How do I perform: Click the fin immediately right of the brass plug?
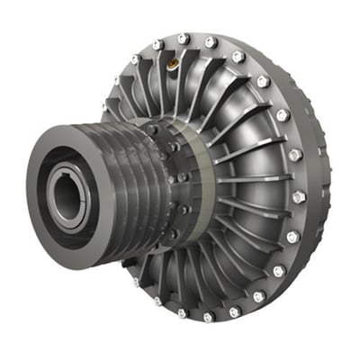[185, 72]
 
